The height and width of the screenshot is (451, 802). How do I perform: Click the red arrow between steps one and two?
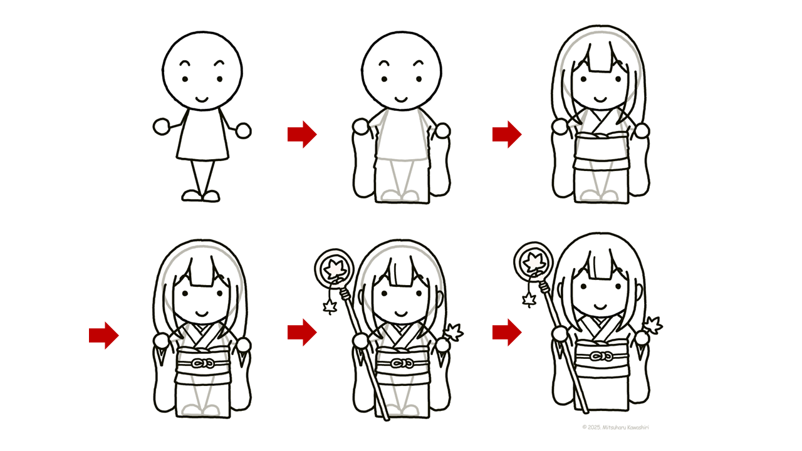coord(302,134)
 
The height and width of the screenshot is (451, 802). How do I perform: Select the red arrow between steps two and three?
coord(507,134)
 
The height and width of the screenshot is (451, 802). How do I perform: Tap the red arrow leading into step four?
coord(104,335)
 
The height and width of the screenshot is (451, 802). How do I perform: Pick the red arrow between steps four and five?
coord(302,332)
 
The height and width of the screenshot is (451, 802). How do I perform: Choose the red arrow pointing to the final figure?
coord(507,332)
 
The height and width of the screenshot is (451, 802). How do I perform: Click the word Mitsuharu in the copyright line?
coord(613,427)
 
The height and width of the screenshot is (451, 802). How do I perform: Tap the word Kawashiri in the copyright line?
coord(637,427)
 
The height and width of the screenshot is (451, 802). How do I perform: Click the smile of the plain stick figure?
coord(202,99)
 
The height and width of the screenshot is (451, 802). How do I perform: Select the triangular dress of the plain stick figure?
coord(202,135)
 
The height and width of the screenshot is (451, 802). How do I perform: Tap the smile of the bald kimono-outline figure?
coord(401,99)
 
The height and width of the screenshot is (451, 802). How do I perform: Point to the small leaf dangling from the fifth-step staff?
coord(330,307)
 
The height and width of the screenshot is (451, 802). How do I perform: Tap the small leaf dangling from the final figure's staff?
coord(529,300)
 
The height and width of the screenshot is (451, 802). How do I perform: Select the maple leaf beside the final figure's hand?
coord(653,325)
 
